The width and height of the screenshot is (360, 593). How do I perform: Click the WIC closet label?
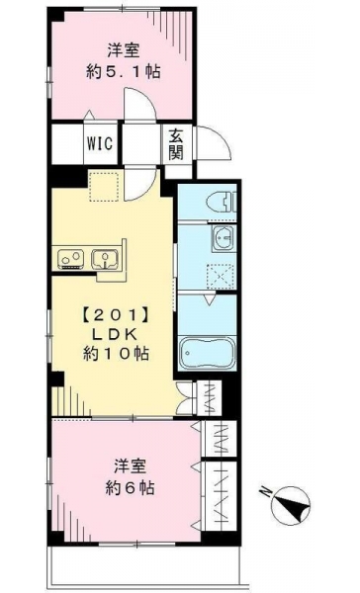(x=100, y=143)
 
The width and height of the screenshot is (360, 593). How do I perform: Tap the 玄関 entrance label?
(x=176, y=143)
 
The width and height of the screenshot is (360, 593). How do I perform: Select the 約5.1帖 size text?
(x=124, y=71)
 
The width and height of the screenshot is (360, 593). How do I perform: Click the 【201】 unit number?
(x=115, y=315)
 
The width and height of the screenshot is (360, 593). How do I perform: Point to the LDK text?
(x=115, y=334)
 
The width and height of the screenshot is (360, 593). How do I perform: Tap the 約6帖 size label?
(x=130, y=488)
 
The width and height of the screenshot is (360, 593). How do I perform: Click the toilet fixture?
(x=225, y=202)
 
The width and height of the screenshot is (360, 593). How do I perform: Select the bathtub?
(x=208, y=353)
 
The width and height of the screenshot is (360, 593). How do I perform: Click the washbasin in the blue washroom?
(x=224, y=239)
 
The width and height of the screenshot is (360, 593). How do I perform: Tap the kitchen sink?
(x=105, y=259)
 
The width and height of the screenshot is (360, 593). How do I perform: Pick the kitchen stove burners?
(x=71, y=259)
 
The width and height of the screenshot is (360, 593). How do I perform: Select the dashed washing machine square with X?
(x=220, y=277)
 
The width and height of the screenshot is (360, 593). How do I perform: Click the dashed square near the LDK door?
(x=104, y=187)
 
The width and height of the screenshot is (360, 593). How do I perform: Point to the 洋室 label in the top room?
(x=124, y=51)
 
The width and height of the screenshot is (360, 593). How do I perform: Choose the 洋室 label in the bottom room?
(x=130, y=466)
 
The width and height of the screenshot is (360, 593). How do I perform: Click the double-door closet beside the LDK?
(x=185, y=398)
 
